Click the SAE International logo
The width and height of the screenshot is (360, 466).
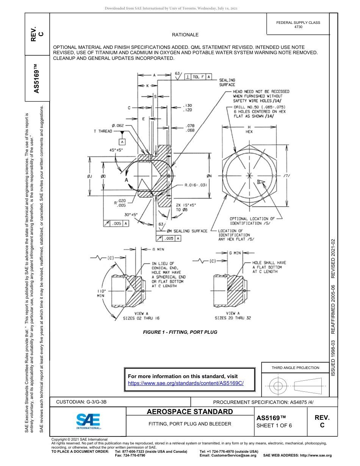tap(88, 421)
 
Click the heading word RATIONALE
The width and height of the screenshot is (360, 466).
tap(185, 35)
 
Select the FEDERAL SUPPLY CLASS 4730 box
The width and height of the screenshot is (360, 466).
tap(298, 25)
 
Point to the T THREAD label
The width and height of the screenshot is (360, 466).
tap(103, 131)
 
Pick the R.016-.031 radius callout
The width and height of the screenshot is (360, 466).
tap(196, 185)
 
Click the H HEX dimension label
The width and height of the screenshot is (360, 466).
tap(249, 129)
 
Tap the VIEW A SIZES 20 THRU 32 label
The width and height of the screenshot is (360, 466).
tap(233, 316)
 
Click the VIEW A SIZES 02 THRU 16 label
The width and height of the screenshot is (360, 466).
tap(141, 316)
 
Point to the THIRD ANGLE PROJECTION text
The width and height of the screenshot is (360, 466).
tap(295, 367)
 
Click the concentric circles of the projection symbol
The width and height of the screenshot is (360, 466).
tap(278, 386)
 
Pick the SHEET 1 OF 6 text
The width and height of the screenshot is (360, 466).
tap(274, 425)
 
